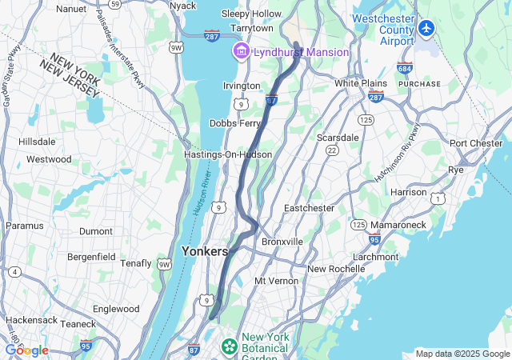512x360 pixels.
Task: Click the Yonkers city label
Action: (x=205, y=250)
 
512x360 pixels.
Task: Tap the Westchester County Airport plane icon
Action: (x=425, y=29)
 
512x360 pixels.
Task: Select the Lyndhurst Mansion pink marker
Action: (x=239, y=52)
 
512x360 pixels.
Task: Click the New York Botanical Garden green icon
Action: (x=230, y=346)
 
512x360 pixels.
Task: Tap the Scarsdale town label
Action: (x=337, y=137)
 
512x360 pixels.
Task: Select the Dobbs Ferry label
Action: (x=235, y=123)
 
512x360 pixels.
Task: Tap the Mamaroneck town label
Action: (x=398, y=225)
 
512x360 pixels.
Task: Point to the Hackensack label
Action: (x=30, y=320)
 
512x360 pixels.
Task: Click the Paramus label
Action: (x=24, y=226)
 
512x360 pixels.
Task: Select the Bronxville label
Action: (x=282, y=241)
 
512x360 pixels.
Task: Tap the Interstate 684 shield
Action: (x=406, y=68)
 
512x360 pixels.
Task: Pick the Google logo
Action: (x=26, y=350)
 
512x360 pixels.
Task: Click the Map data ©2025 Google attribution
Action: (x=462, y=354)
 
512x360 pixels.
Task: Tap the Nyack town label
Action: (x=183, y=6)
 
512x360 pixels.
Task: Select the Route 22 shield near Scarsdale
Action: (x=331, y=150)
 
